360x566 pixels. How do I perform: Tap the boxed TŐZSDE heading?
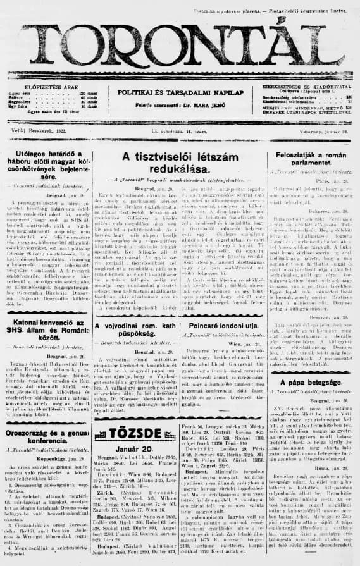tap(135, 433)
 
